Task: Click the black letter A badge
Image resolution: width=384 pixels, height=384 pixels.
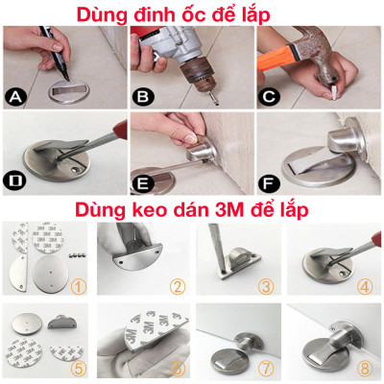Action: tap(14, 96)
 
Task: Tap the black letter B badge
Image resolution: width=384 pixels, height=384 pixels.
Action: tap(142, 96)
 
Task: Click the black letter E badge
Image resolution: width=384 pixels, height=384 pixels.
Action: tap(142, 180)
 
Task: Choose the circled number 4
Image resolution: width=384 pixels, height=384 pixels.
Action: tap(365, 285)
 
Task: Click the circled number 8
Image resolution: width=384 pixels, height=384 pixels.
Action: tap(365, 366)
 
